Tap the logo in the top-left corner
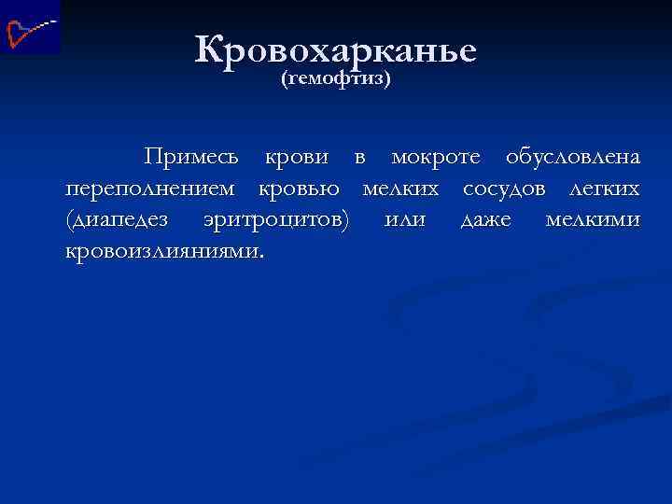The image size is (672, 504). [30, 27]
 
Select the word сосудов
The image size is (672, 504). [510, 189]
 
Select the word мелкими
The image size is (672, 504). [593, 219]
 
